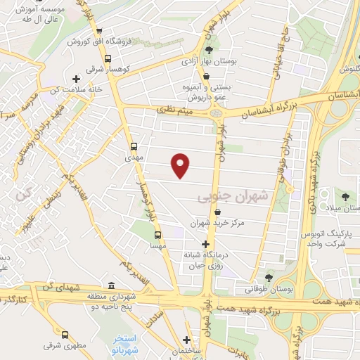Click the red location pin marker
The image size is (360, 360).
[181, 165]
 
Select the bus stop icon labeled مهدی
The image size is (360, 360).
[134, 146]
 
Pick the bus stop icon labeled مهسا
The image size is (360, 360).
[157, 235]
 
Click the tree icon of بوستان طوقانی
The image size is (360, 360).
[268, 277]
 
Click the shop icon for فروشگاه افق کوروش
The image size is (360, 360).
[99, 31]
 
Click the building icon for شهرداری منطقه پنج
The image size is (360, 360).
[112, 285]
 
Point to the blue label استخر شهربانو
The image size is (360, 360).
[127, 344]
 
